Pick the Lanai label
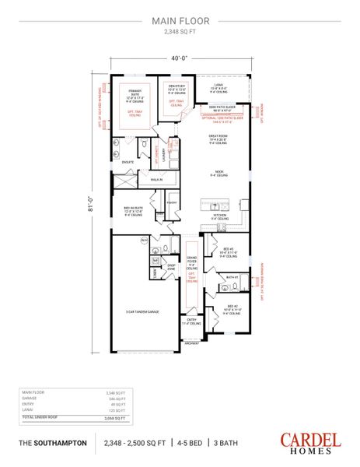coord(218,88)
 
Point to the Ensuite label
coord(126,162)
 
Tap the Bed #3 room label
coord(227,251)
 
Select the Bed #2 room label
coord(232,308)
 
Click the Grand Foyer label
coord(191,262)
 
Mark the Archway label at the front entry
coord(191,342)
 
